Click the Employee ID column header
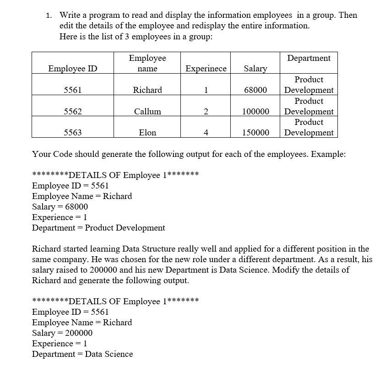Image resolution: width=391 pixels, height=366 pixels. [x=73, y=69]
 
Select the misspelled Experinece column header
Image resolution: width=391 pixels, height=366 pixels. [x=206, y=69]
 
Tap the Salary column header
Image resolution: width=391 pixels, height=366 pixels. [x=255, y=69]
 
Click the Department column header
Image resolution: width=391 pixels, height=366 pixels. [x=309, y=58]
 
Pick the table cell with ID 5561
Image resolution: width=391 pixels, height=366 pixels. [x=73, y=90]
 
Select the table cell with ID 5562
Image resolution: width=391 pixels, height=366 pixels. [x=73, y=112]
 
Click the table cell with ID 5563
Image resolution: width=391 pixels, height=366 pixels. [x=73, y=133]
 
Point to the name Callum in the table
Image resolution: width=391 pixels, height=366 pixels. [x=147, y=112]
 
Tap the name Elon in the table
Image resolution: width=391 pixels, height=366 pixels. [x=147, y=133]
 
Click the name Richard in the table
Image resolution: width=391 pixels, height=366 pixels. [x=147, y=90]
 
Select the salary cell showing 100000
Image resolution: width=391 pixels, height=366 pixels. [x=255, y=112]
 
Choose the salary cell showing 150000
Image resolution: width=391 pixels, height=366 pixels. [x=255, y=133]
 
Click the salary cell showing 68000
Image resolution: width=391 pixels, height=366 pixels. [x=255, y=90]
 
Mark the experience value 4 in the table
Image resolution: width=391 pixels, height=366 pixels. [x=206, y=133]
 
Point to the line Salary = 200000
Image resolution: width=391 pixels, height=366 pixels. [x=62, y=333]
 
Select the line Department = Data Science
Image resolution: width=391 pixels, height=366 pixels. [x=82, y=354]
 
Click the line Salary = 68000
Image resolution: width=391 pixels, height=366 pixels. [x=60, y=207]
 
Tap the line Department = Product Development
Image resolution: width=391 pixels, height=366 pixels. [x=98, y=228]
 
